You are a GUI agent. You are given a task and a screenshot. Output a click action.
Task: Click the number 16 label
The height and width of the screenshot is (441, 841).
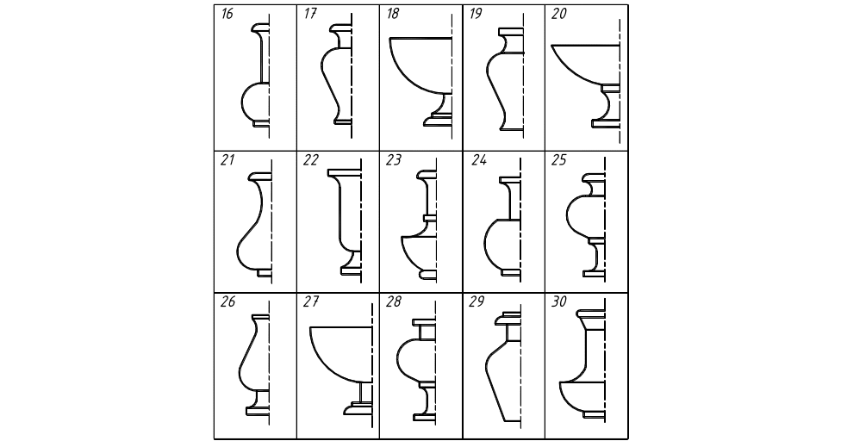tap(227, 14)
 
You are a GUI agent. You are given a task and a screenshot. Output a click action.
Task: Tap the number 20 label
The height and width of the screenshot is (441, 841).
tap(559, 14)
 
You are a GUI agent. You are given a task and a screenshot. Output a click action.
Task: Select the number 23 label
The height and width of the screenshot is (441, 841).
tap(393, 160)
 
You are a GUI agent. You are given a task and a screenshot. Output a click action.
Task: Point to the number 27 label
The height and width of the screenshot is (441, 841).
tap(311, 302)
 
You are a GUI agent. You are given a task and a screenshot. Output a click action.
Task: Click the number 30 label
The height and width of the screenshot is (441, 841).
tap(559, 302)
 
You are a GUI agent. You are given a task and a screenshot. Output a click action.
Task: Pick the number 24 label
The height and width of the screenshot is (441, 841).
tap(479, 160)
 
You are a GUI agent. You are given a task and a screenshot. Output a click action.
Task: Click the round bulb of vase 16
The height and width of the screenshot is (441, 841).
tap(255, 102)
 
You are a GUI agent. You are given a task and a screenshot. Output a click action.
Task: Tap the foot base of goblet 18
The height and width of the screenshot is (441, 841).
tap(437, 121)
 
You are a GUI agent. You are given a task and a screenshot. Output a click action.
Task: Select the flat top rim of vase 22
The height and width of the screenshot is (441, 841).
tap(345, 172)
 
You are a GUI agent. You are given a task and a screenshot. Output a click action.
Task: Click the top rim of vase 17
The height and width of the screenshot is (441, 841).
tap(341, 27)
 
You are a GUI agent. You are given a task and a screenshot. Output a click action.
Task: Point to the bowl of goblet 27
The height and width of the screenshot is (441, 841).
tap(340, 354)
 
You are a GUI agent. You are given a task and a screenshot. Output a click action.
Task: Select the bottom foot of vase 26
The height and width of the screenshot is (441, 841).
tap(258, 411)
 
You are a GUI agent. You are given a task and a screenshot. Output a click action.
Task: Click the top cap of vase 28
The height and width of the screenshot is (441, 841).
tap(424, 323)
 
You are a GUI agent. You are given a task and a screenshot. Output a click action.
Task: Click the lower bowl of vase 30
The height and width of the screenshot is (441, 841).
tap(582, 397)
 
